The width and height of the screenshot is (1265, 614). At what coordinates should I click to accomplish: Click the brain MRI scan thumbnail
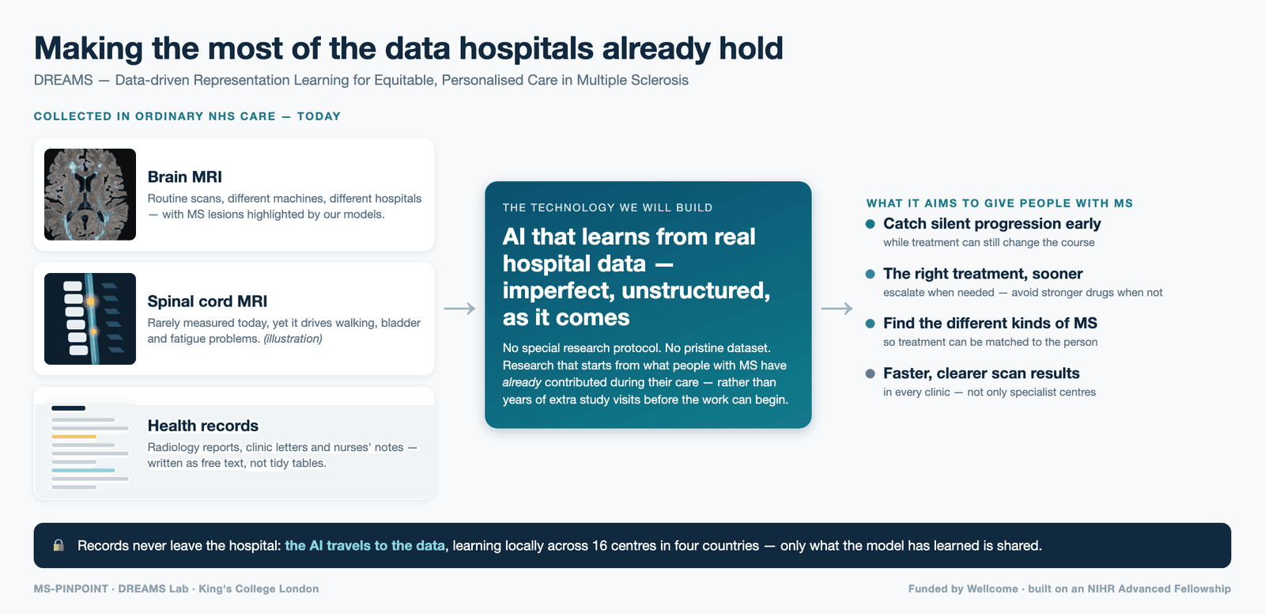90,195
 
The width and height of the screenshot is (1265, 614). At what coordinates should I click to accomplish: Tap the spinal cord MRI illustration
90,319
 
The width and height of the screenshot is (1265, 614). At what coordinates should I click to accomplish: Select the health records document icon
90,446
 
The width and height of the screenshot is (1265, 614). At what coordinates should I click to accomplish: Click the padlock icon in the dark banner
59,545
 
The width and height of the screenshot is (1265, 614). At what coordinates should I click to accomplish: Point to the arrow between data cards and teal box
459,308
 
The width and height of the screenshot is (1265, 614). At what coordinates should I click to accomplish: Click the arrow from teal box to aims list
836,308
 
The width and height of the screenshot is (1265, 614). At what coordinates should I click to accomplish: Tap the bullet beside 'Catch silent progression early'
870,224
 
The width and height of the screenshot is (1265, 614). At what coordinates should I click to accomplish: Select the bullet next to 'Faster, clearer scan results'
870,373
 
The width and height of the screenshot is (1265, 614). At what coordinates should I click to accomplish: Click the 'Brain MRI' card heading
185,177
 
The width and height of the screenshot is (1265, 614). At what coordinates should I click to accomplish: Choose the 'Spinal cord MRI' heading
207,301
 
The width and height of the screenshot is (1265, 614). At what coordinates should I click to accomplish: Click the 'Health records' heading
202,426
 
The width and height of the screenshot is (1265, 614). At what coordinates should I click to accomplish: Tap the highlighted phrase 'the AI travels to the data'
364,546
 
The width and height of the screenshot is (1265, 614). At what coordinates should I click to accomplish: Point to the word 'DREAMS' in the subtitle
63,80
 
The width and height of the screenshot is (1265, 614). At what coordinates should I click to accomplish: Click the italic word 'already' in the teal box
522,382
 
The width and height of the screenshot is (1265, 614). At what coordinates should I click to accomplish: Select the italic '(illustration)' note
293,339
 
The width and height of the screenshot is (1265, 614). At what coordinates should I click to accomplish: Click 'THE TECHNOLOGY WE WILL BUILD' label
608,207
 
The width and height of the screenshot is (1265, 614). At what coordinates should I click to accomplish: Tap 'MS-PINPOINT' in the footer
71,589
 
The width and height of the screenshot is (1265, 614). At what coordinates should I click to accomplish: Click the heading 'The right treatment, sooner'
983,274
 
